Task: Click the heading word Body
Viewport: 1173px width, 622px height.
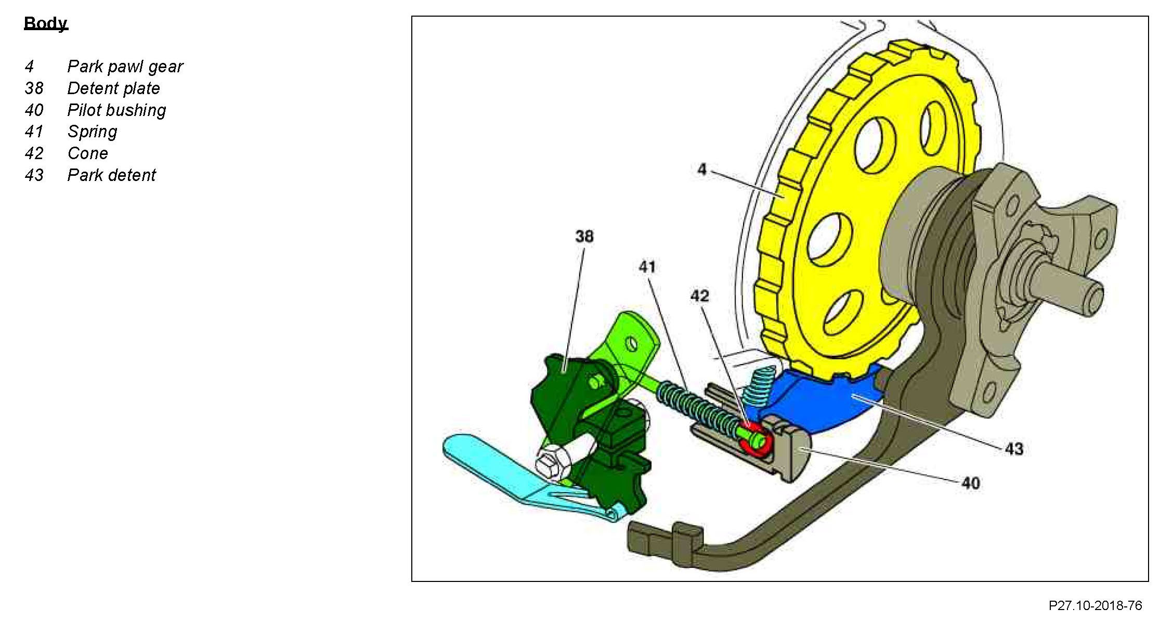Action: click(x=46, y=23)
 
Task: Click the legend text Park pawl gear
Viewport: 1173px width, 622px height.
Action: click(x=125, y=67)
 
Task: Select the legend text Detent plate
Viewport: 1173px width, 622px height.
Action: click(x=113, y=88)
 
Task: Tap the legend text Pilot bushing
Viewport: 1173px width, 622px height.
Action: click(x=116, y=110)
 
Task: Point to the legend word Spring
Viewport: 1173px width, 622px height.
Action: click(x=92, y=132)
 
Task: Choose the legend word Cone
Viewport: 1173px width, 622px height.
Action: click(x=87, y=153)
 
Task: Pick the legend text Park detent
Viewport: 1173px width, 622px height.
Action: click(x=111, y=175)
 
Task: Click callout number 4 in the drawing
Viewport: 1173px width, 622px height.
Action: click(x=702, y=170)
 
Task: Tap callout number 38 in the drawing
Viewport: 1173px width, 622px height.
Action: click(x=584, y=237)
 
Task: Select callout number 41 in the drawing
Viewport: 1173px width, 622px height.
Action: click(x=647, y=267)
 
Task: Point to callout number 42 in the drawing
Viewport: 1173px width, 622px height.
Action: click(x=699, y=296)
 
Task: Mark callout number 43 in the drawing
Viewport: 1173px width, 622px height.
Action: click(x=1013, y=449)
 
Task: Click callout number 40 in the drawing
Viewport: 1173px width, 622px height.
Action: click(x=970, y=484)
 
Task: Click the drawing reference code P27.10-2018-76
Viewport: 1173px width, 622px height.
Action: click(x=1095, y=606)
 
